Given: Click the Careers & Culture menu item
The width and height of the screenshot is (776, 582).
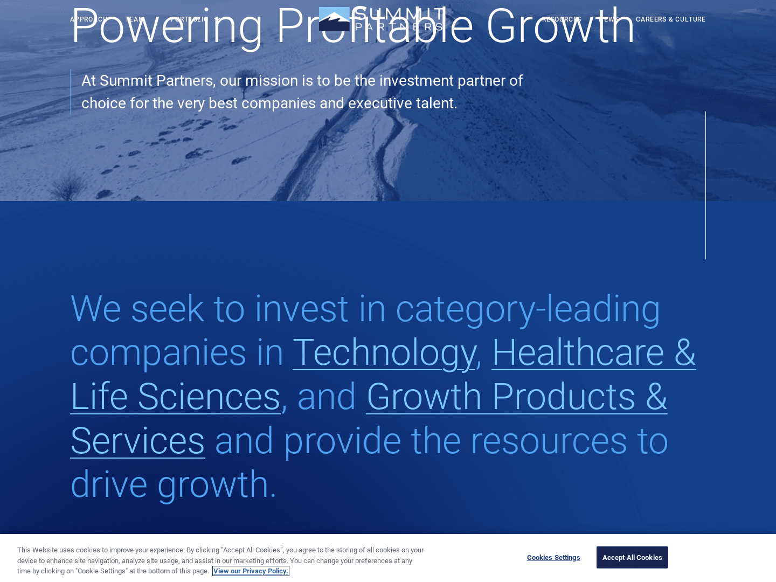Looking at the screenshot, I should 670,19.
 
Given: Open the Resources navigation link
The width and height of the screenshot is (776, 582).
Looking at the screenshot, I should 561,19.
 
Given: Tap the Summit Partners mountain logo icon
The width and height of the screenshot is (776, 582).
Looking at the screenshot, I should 334,19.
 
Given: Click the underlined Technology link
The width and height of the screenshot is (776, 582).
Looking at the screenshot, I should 384,353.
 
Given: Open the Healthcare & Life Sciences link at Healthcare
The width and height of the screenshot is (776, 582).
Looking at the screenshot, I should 578,353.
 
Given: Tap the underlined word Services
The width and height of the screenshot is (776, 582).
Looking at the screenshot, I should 137,441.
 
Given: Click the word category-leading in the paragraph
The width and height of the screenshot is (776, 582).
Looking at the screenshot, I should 528,309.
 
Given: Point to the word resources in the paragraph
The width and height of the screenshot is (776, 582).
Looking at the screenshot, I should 549,441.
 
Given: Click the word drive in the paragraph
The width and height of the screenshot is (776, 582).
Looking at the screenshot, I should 109,484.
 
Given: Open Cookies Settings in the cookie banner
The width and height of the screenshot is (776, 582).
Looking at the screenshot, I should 553,558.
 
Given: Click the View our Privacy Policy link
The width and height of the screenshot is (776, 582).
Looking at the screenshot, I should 251,571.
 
